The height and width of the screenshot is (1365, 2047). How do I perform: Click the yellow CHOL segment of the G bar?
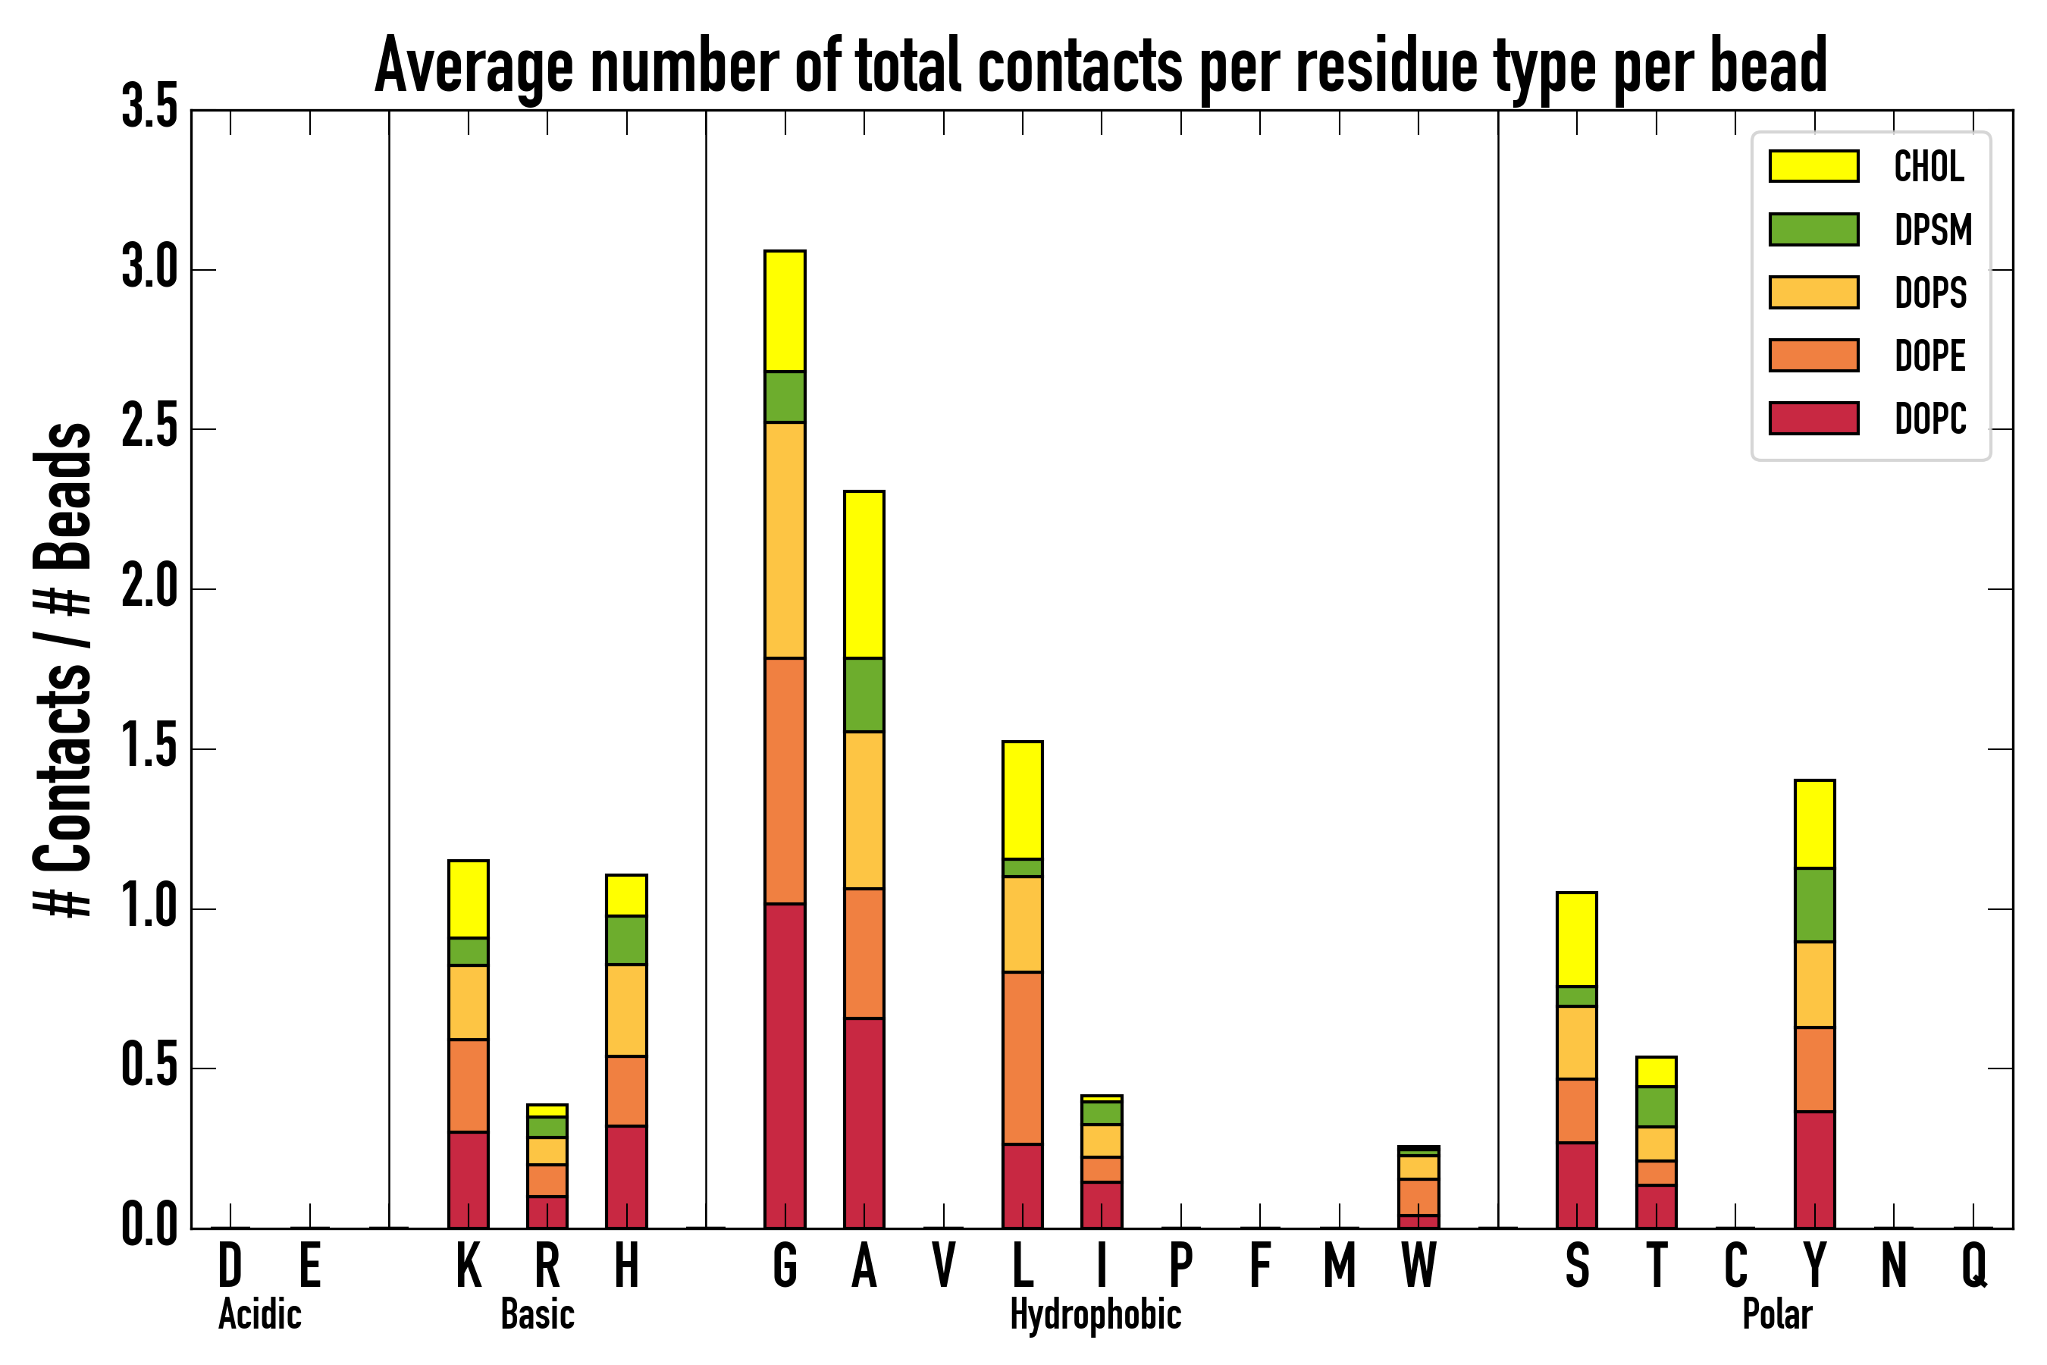click(784, 311)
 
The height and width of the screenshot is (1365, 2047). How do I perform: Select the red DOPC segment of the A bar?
click(864, 1122)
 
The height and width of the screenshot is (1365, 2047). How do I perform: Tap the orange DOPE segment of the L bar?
click(1022, 1058)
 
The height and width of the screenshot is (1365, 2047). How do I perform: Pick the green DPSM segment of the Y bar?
click(1813, 905)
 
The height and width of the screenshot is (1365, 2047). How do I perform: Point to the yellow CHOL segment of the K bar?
click(469, 899)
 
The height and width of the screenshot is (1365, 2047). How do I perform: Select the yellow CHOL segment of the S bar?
click(1576, 940)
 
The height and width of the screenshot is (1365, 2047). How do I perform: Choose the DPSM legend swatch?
click(1813, 229)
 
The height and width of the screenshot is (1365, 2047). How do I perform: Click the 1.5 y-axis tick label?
click(149, 748)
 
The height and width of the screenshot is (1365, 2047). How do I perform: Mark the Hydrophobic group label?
click(1095, 1314)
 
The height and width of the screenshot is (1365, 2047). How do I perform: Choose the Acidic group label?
click(259, 1314)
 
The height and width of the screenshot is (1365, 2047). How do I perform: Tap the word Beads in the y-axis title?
click(63, 496)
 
